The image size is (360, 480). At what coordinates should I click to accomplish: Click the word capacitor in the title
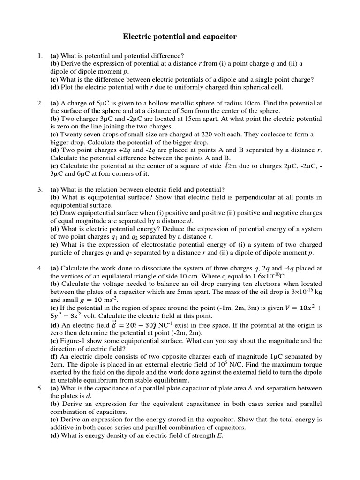217,36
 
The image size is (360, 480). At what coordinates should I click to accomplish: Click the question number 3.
40,190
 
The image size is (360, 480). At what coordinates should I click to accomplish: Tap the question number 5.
40,388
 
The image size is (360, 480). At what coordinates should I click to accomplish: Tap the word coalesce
271,134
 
